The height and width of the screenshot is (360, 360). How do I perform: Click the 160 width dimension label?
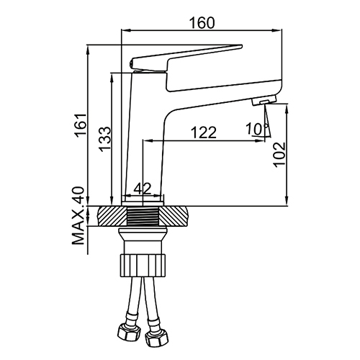202,23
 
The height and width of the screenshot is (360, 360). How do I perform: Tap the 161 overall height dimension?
81,125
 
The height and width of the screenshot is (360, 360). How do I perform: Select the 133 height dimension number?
105,139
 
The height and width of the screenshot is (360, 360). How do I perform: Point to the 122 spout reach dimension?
204,132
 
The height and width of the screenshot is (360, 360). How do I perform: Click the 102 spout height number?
279,155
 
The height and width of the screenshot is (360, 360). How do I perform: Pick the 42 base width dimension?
143,189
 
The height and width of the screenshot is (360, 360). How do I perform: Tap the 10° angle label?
256,129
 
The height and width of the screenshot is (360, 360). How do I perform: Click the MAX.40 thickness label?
78,215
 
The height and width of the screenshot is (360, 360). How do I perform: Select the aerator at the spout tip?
264,99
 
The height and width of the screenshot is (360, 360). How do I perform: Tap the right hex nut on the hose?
157,336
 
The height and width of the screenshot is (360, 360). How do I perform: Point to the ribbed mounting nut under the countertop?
143,266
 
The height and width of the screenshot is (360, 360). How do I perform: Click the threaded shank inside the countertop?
143,216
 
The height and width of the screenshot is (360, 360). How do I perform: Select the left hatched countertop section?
112,216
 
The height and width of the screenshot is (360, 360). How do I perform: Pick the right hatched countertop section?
174,216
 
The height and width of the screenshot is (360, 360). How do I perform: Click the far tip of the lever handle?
242,45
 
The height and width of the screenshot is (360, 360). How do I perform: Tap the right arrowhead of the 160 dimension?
278,30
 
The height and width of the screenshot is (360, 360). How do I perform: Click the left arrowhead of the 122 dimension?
146,141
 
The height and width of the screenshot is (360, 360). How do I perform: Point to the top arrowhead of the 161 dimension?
88,50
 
